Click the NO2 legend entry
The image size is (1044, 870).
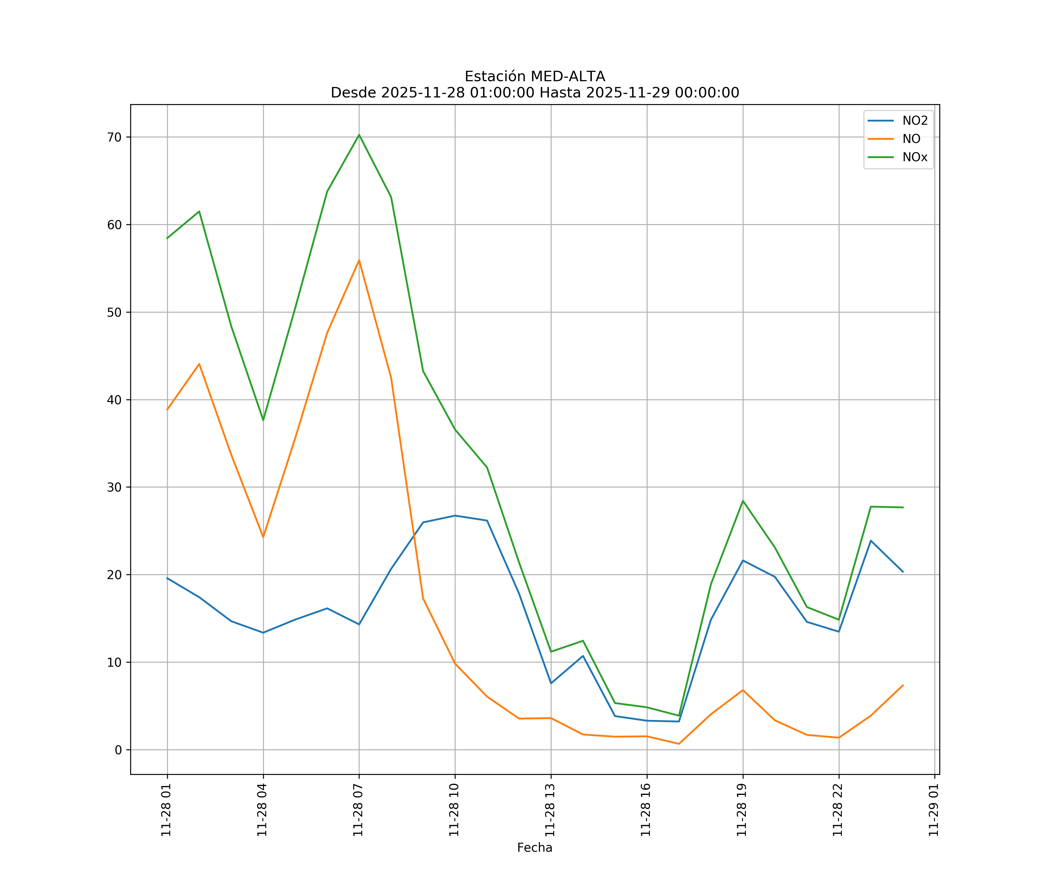(915, 121)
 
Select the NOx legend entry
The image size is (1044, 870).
(915, 157)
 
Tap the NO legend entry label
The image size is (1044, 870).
(911, 139)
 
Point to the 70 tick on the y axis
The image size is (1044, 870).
(114, 137)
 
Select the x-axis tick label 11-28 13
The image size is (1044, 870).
(550, 810)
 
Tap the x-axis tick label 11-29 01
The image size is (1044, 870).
(934, 810)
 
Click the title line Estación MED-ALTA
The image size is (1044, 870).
(534, 77)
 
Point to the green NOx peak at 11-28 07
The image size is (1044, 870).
(359, 135)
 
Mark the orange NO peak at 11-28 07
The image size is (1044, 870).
(359, 260)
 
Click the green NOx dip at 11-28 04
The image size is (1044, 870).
(263, 420)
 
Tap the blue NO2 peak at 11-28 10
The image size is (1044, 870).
(455, 516)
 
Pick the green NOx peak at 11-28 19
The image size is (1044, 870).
(743, 501)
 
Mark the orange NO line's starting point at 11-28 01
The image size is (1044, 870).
(167, 410)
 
